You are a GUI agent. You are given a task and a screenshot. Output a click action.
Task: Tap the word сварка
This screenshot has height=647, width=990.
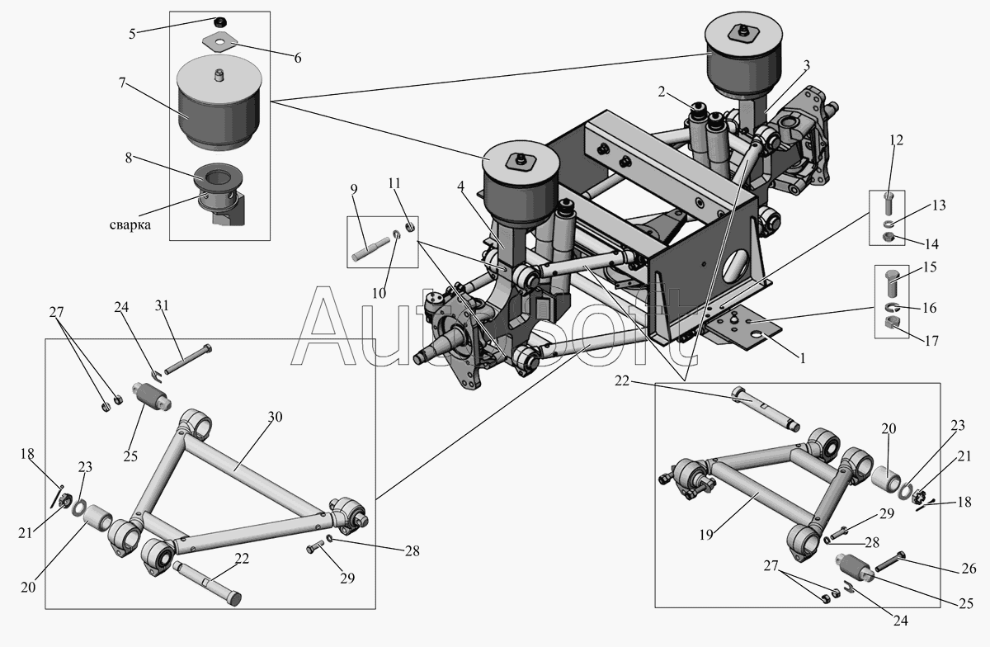[129, 225]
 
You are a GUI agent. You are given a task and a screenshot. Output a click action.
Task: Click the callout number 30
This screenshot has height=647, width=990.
[275, 417]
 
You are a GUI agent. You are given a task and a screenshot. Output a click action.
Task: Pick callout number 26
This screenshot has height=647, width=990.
[969, 569]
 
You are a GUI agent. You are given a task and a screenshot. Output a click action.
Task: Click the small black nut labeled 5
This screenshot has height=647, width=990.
[220, 21]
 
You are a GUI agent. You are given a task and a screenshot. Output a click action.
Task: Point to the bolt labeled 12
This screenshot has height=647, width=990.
[888, 203]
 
